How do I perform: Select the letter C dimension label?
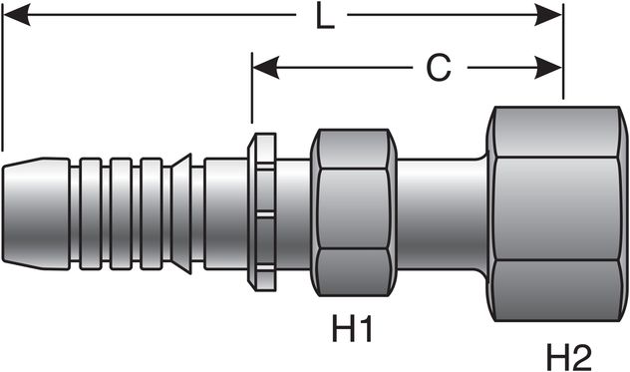pos(438,68)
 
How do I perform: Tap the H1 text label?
pos(352,328)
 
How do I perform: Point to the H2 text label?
pos(570,353)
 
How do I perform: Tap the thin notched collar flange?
pos(263,211)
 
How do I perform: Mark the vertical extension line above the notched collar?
pos(251,95)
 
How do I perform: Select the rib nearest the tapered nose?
pos(92,211)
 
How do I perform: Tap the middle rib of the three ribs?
pos(122,211)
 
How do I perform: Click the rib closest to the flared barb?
pos(152,211)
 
